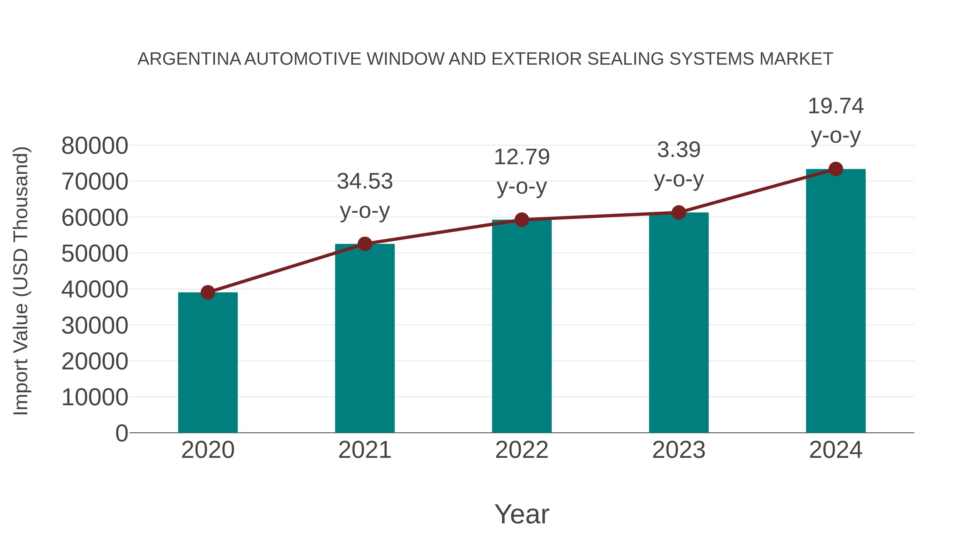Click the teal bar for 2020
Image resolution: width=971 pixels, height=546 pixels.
[208, 362]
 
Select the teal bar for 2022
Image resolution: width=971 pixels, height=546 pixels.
[522, 326]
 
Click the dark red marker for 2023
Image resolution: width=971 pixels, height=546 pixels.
[679, 212]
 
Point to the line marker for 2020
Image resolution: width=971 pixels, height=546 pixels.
[208, 292]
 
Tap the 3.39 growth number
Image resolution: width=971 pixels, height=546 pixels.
[679, 150]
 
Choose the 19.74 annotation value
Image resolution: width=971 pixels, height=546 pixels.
[836, 106]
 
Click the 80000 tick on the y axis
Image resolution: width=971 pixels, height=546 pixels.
[95, 146]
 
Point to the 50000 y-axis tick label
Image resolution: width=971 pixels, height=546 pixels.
[95, 254]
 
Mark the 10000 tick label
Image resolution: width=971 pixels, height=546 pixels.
[95, 397]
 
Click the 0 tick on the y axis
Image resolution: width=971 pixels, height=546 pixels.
[122, 433]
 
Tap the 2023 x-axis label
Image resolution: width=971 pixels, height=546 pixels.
[679, 450]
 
